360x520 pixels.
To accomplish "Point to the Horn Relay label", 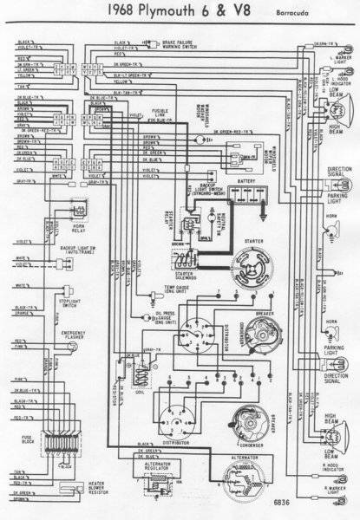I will (57, 230).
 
